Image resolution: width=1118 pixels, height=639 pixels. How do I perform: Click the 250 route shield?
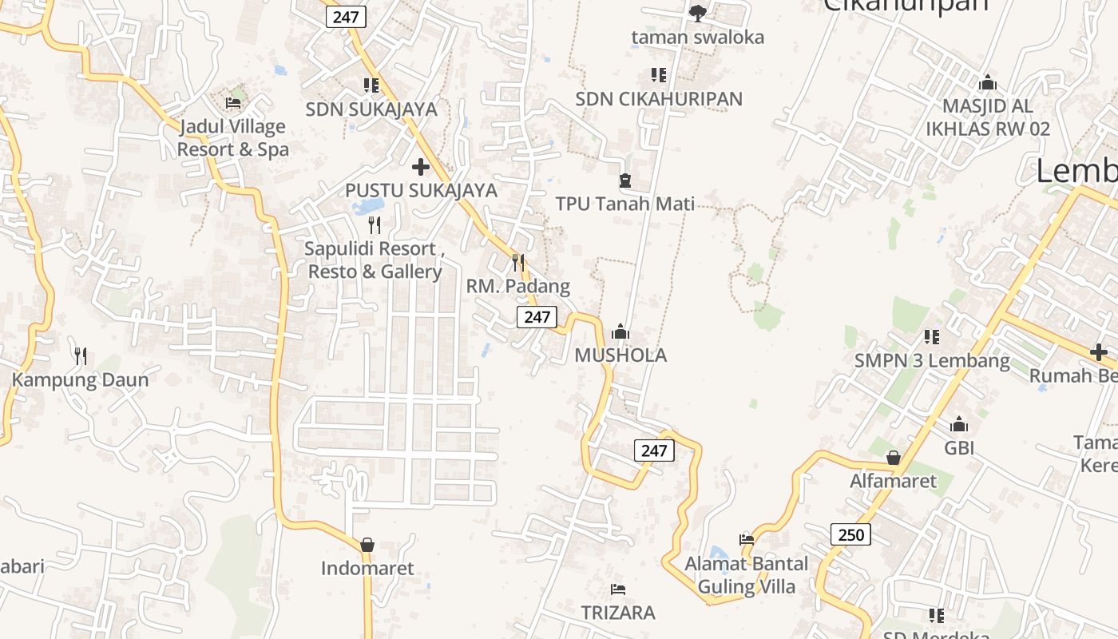coord(850,534)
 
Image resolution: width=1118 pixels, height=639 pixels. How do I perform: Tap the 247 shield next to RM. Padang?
coord(537,316)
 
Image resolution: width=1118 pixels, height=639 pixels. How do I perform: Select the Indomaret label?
coord(367,569)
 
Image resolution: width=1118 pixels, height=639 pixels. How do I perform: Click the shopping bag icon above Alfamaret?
coord(894,458)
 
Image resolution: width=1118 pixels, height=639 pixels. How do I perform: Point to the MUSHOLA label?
coord(620,355)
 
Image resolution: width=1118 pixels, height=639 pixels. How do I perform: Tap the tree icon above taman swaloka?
coord(697,13)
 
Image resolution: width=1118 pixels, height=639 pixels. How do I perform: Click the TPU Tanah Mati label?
coord(624,204)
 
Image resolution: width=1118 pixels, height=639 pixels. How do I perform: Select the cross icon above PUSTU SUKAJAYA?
coord(421,167)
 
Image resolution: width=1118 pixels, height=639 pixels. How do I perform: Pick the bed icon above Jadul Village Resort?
coord(233,102)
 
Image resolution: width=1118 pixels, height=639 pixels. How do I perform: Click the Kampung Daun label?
coord(80,379)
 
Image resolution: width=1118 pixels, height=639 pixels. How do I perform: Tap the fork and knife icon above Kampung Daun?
coord(80,355)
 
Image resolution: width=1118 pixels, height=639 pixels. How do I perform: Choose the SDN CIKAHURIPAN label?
coord(659,99)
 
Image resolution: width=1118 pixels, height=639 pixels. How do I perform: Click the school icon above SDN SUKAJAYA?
coord(371,85)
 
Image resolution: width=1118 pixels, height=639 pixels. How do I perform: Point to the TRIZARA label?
coord(618,613)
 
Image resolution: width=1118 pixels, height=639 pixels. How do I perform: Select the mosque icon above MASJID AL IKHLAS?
coord(988,82)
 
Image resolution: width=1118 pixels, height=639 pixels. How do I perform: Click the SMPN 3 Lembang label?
coord(932,360)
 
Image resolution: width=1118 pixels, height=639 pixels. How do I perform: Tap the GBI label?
coord(959,448)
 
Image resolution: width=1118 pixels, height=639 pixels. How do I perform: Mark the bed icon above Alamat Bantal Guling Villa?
coord(747,540)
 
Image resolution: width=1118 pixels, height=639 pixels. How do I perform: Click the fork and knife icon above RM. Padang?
coord(518,262)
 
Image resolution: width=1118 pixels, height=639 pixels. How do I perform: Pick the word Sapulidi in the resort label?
coord(337,248)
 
